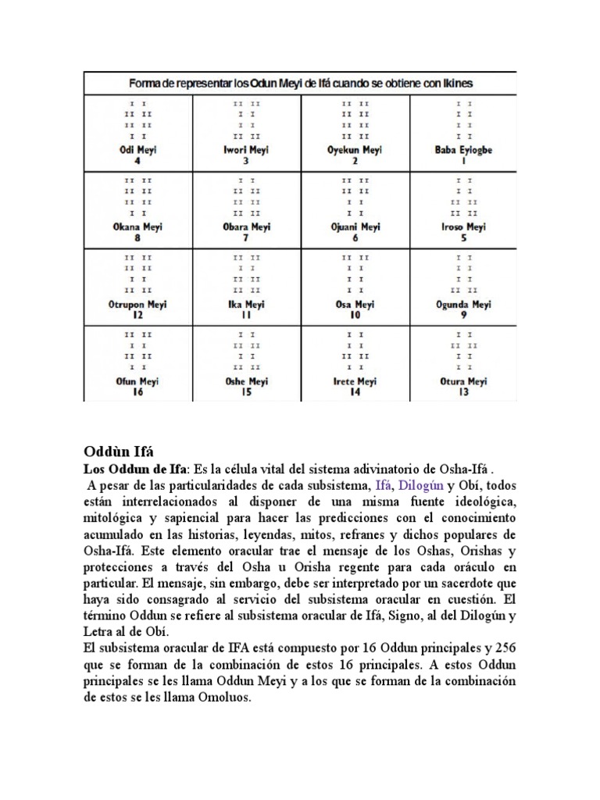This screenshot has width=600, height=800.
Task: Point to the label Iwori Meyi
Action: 246,151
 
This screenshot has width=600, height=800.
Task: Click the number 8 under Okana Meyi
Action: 137,238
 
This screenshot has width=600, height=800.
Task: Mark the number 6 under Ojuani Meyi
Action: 355,238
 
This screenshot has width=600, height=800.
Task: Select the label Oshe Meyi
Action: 246,382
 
